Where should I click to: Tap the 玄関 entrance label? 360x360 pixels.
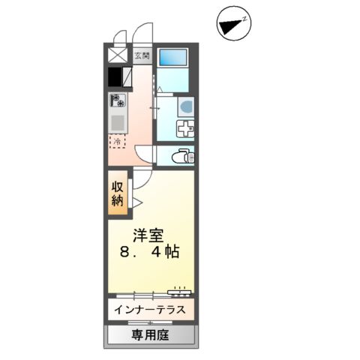point(142,55)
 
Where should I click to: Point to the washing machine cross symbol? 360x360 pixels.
point(184,128)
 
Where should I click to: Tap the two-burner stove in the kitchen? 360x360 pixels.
point(118,100)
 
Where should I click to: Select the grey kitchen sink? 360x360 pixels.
point(118,121)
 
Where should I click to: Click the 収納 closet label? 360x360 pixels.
point(118,193)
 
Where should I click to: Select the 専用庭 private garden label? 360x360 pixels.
point(152,334)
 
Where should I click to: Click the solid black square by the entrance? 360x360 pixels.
point(115,77)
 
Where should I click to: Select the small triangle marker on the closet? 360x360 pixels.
point(137,202)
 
